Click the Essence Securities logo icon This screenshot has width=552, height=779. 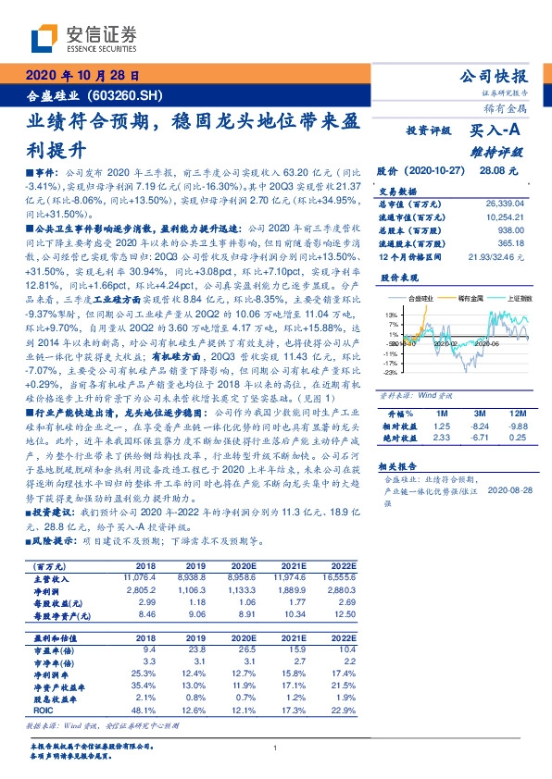pyautogui.click(x=44, y=39)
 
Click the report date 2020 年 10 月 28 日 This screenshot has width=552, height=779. pyautogui.click(x=82, y=76)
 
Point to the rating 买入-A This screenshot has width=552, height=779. pyautogui.click(x=496, y=133)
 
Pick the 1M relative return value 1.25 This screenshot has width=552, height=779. pyautogui.click(x=441, y=425)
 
